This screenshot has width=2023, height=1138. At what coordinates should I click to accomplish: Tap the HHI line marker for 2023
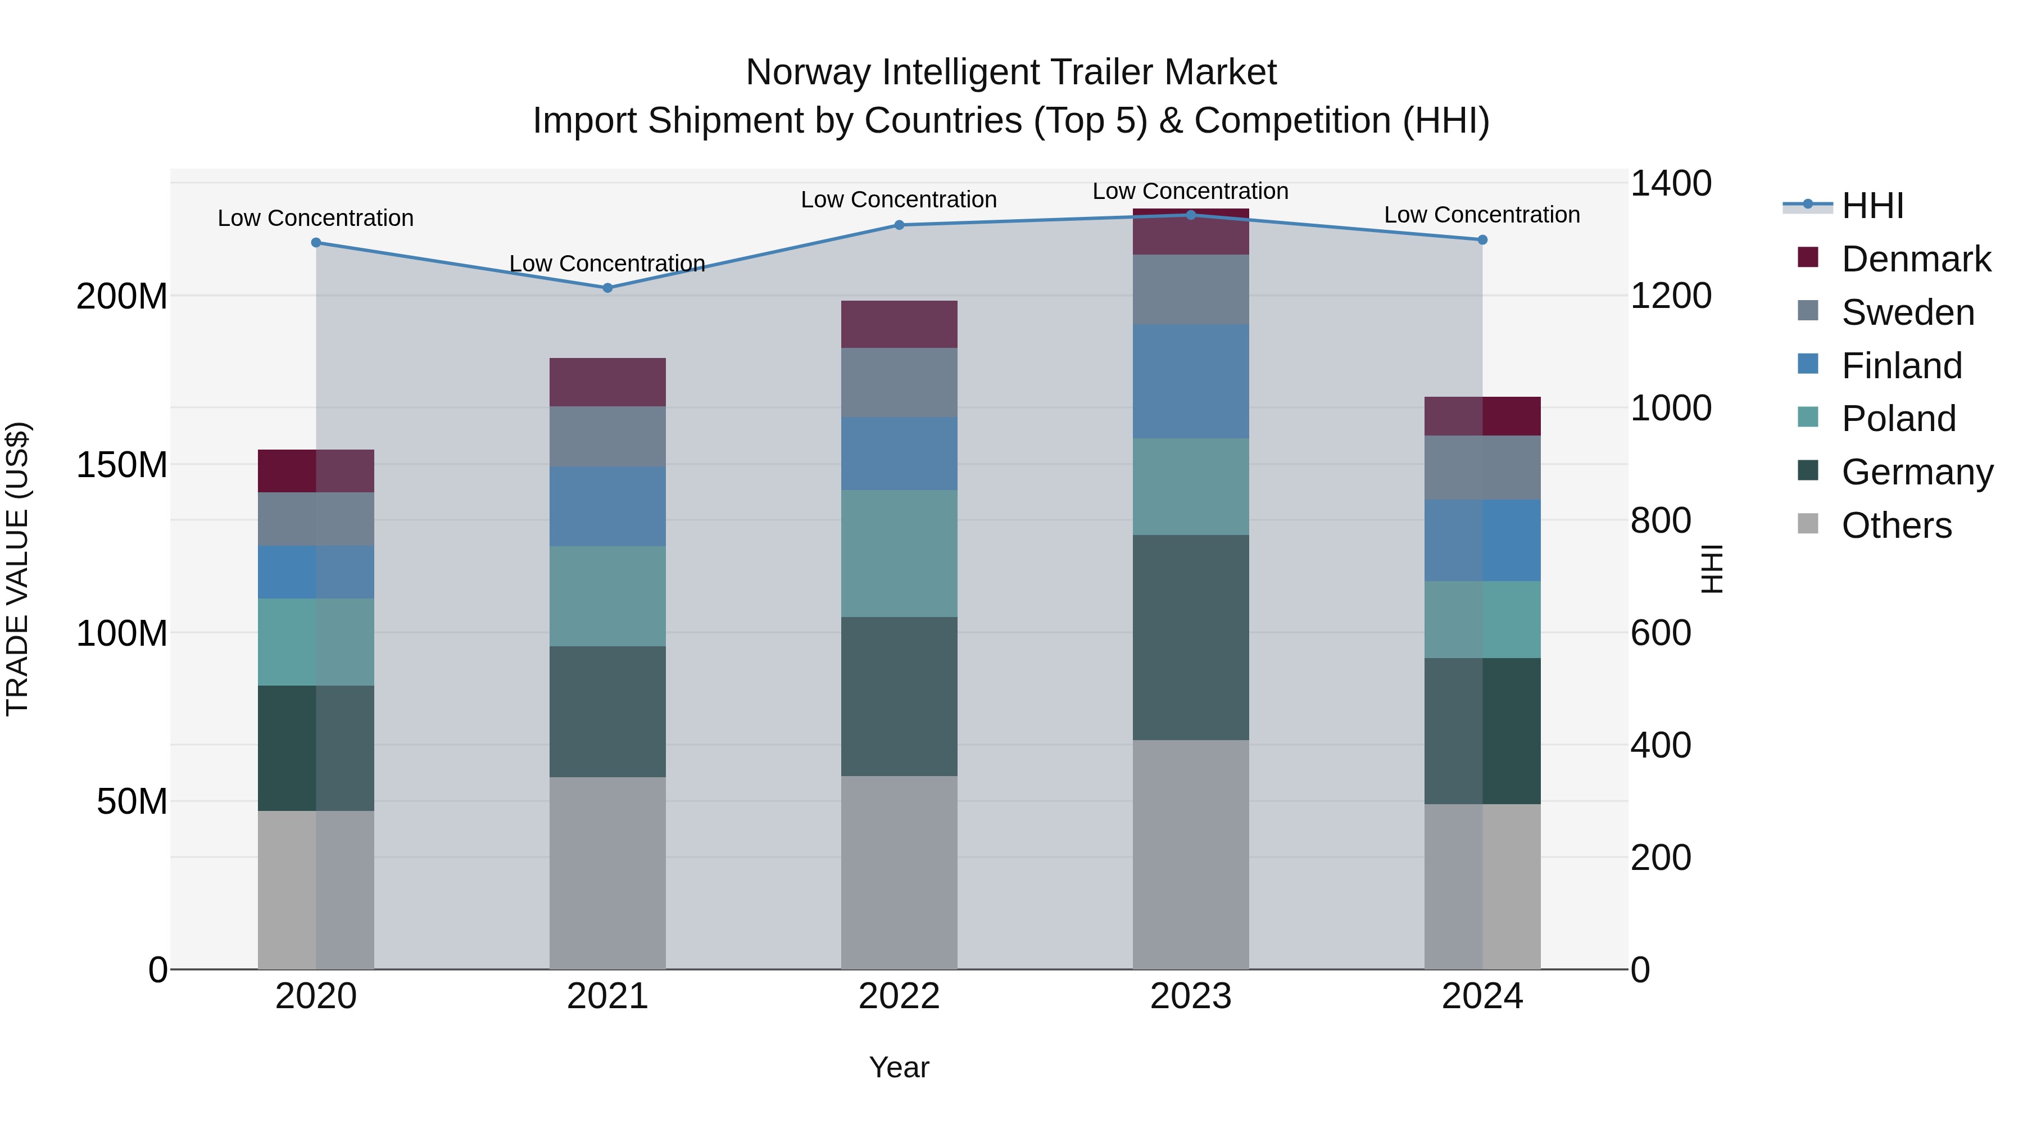(1191, 215)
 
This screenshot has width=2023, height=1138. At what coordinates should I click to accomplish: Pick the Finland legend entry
(1900, 366)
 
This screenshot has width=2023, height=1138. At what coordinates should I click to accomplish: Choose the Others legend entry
(1896, 525)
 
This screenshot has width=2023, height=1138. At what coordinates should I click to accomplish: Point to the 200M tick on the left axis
(122, 297)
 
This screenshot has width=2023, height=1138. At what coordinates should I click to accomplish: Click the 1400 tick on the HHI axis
(1671, 184)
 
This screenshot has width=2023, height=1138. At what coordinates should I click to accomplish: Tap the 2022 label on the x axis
(899, 996)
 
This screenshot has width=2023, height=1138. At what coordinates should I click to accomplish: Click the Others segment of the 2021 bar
(607, 873)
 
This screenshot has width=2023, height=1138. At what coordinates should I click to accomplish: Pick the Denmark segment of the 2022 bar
(899, 324)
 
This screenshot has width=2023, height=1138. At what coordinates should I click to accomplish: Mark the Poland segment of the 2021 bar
(607, 596)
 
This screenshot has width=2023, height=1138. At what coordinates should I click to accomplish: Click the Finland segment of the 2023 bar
(1191, 381)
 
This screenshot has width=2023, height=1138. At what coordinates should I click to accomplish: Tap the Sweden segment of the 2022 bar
(899, 383)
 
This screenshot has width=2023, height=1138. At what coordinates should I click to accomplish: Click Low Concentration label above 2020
(316, 219)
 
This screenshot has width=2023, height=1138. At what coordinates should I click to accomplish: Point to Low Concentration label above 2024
(1481, 215)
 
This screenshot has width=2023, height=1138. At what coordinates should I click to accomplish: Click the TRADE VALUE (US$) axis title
(17, 569)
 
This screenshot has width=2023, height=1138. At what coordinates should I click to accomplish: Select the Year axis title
(899, 1067)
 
